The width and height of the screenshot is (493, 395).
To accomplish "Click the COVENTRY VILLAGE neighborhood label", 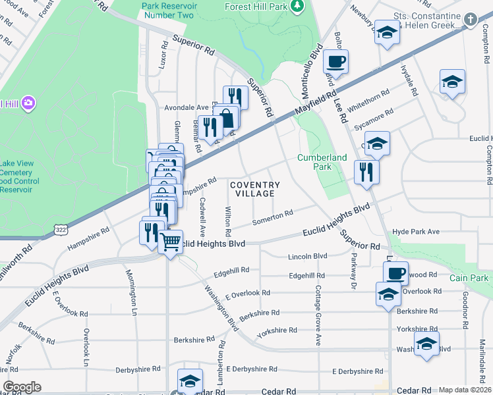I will click(x=255, y=189).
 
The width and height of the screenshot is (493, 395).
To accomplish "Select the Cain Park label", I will click(x=469, y=278).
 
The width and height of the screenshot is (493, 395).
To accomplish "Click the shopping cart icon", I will click(x=171, y=242).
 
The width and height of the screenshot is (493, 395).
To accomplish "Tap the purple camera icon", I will click(x=27, y=103).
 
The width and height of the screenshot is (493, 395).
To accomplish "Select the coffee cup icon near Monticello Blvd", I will click(x=336, y=62).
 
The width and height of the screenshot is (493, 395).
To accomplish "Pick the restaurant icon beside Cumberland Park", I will click(x=366, y=171).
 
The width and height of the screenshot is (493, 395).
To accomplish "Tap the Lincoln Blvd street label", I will click(x=307, y=256).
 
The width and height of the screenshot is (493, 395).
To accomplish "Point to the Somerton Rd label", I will click(x=272, y=216).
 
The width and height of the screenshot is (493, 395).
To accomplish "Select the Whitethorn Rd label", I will click(x=375, y=97).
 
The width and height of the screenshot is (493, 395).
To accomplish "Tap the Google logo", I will click(x=22, y=387).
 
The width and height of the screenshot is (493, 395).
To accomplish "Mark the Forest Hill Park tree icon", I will click(x=297, y=6).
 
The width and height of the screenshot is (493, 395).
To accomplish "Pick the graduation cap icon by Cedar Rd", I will click(x=189, y=381).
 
